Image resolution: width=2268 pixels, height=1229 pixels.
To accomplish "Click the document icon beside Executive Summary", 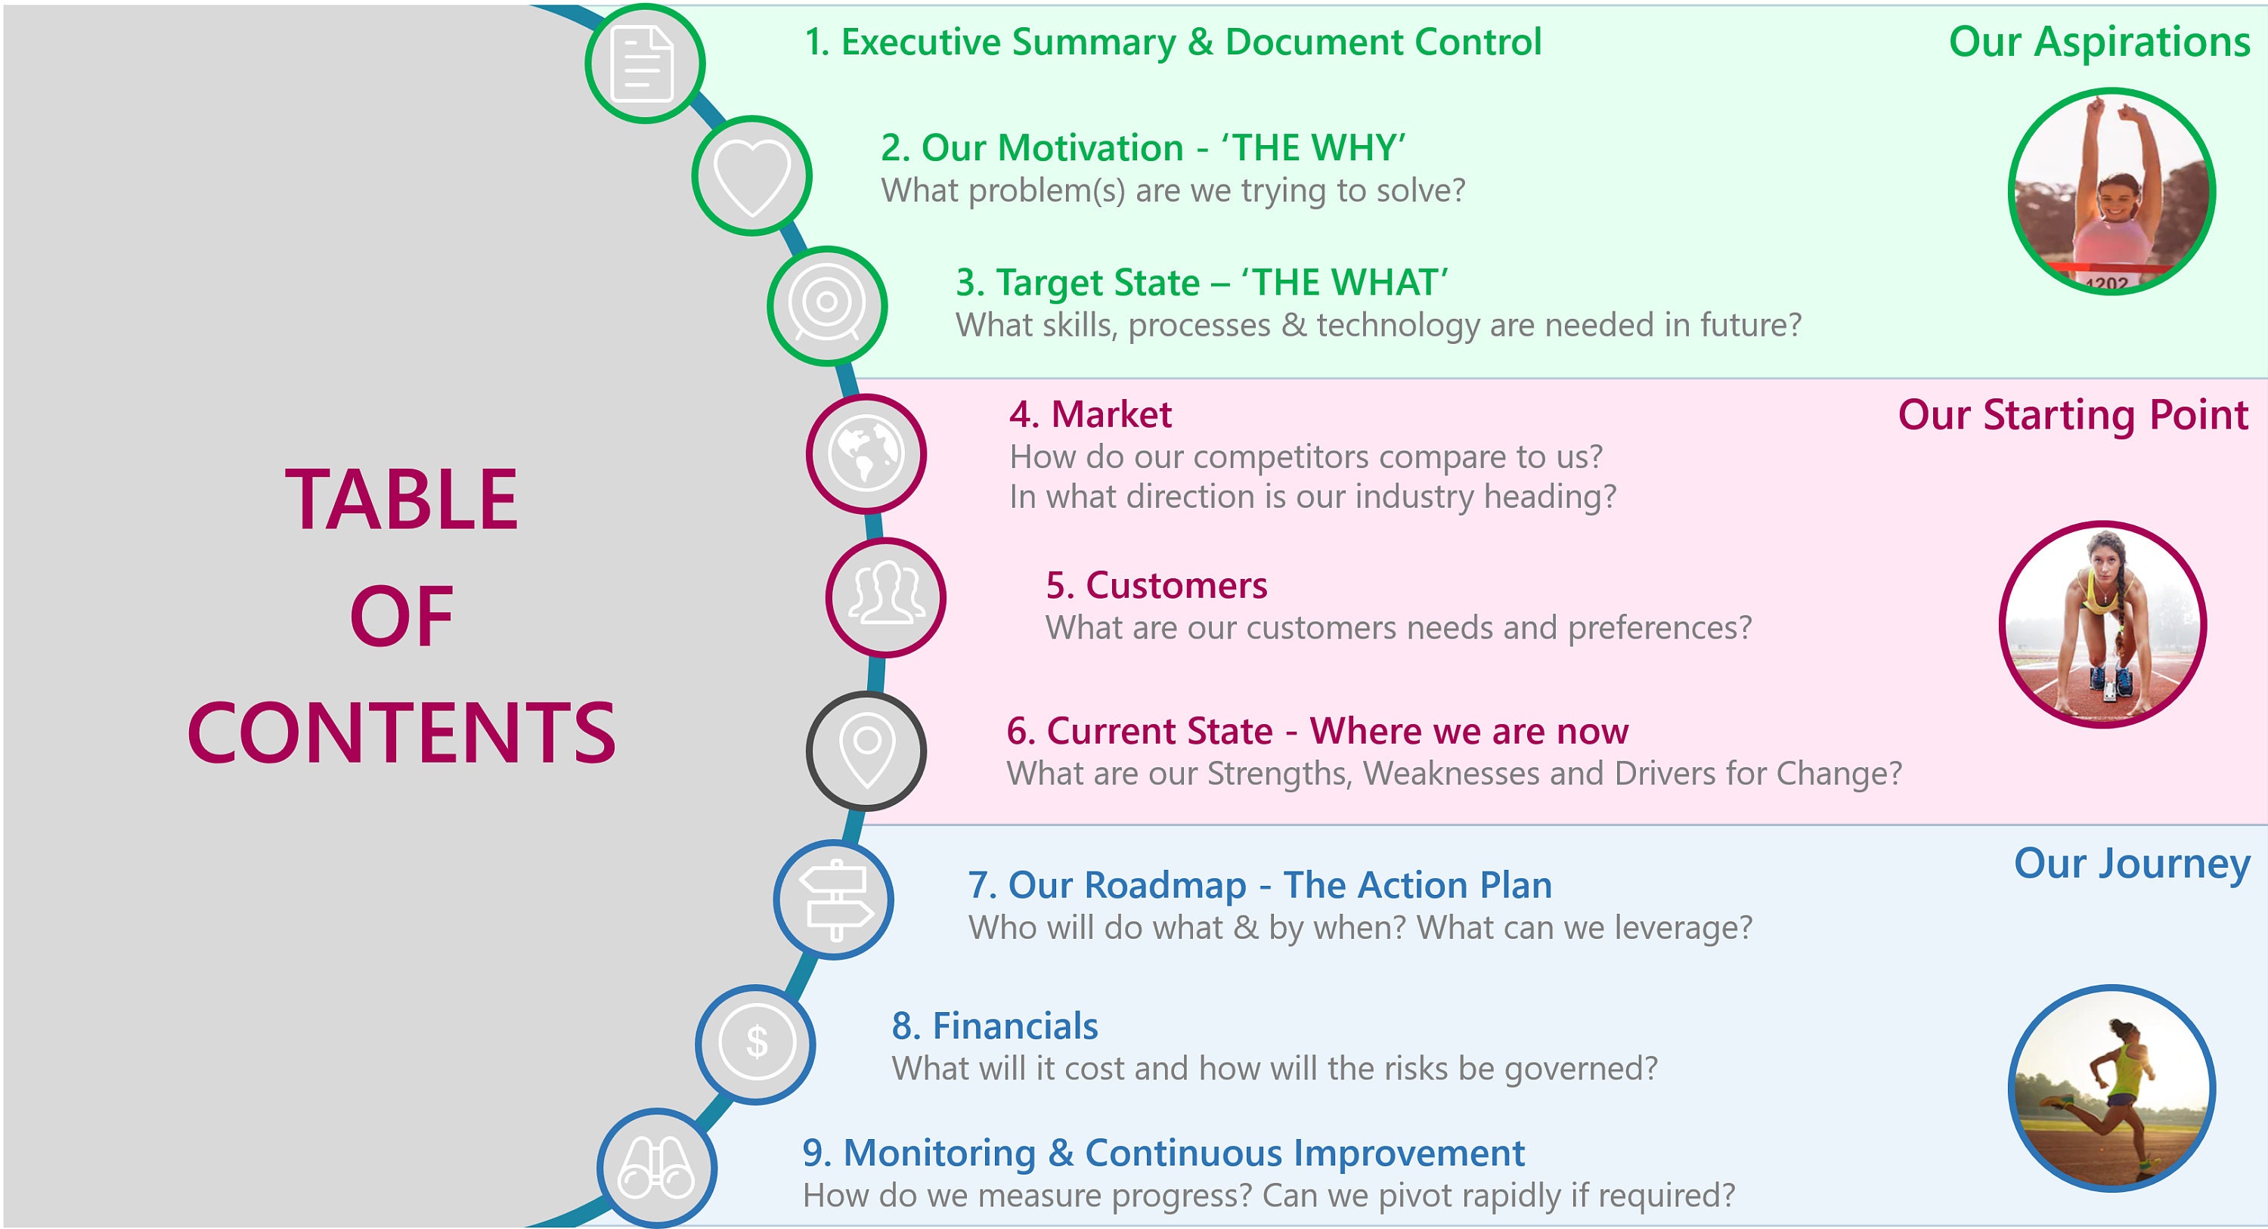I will coord(644,63).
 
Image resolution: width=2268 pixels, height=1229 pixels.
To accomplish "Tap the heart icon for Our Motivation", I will coord(751,175).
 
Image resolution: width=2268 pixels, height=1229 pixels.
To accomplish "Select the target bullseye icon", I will coord(826,305).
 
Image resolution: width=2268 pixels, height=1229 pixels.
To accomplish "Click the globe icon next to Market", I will coord(866,454).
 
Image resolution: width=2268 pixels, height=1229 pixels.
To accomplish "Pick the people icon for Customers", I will coord(886,598).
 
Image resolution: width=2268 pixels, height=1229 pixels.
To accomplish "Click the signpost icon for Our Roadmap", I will coord(835,899).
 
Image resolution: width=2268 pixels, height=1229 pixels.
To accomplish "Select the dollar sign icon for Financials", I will coord(756,1044).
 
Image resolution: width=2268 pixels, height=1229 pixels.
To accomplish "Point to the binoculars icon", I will coord(657,1169).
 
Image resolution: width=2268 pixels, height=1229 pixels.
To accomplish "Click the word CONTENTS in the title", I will coord(401,732).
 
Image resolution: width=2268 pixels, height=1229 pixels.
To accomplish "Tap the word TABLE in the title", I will coord(401,500).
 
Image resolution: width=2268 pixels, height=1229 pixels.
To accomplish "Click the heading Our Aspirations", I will coord(2098,42).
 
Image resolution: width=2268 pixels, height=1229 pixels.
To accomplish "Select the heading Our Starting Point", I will coord(2072,415).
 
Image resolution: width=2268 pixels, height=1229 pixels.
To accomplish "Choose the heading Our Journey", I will coord(2130,864).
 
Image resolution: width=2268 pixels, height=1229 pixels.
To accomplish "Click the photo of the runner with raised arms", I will coord(2112,192).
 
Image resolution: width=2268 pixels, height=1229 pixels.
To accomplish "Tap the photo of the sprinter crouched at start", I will coord(2102,625).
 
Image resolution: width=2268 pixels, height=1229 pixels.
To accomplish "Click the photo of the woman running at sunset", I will coord(2112,1088).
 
